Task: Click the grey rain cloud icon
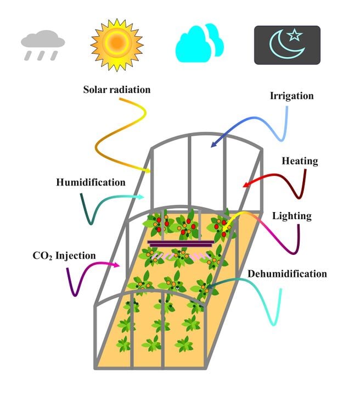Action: point(43,46)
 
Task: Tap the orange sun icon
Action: point(117,45)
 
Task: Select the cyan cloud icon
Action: point(200,43)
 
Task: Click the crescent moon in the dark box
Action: point(286,45)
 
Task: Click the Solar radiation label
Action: point(117,90)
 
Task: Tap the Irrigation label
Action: point(292,96)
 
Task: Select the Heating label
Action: point(300,161)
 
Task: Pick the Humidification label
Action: point(91,182)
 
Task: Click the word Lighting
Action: point(292,216)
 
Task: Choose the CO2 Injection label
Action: point(64,255)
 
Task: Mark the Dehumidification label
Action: point(288,274)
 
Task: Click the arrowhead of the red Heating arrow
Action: point(244,186)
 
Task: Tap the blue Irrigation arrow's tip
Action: point(212,146)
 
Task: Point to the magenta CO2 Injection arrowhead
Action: point(119,265)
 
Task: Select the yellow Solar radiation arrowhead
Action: point(150,171)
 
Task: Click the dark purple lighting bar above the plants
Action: point(181,243)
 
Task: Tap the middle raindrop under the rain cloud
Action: point(41,55)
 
